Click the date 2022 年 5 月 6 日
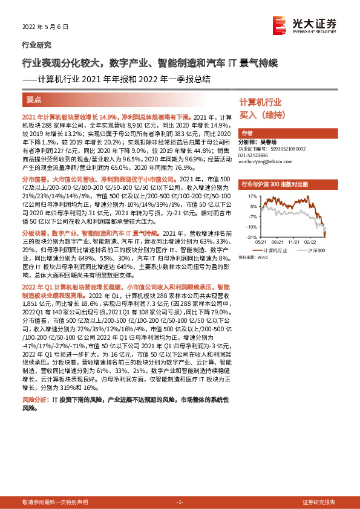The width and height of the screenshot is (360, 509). [45, 27]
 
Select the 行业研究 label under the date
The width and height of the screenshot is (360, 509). [36, 44]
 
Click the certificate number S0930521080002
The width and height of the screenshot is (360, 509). [283, 148]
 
